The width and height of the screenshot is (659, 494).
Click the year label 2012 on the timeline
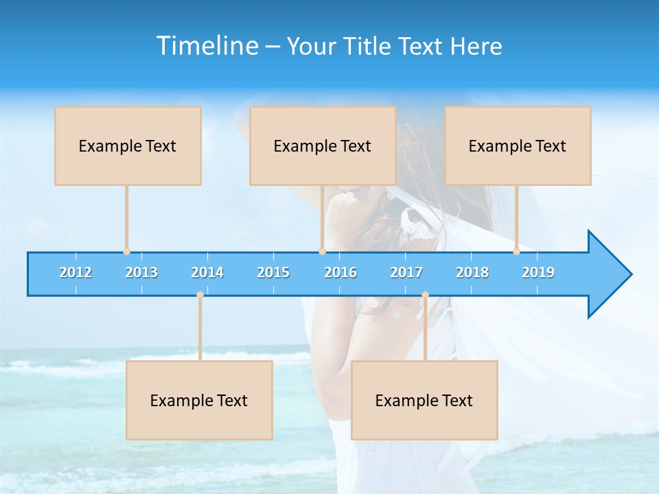[x=76, y=272]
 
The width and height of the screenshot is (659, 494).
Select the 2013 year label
[x=141, y=272]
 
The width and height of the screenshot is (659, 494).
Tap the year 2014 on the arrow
[x=207, y=272]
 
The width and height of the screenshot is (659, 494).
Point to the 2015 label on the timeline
[x=273, y=272]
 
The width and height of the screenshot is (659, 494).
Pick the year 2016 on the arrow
[x=340, y=272]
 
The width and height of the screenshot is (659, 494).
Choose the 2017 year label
[x=406, y=272]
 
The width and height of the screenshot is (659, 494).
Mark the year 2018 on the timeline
[x=472, y=272]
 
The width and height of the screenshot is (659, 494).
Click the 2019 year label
[x=538, y=272]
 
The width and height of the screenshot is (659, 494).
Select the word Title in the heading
[x=367, y=47]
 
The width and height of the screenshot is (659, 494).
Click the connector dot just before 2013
[x=126, y=252]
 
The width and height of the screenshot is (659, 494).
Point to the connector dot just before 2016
[x=322, y=252]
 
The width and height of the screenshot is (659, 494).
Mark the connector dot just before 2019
[x=516, y=252]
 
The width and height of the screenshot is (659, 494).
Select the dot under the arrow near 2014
[x=200, y=295]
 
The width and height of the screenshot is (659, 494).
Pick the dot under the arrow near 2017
[x=425, y=295]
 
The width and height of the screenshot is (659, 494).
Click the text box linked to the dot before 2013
[x=128, y=145]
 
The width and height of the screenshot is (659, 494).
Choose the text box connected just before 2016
[x=323, y=145]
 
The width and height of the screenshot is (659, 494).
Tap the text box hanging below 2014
[x=199, y=400]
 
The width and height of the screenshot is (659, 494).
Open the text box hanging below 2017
[x=424, y=400]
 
